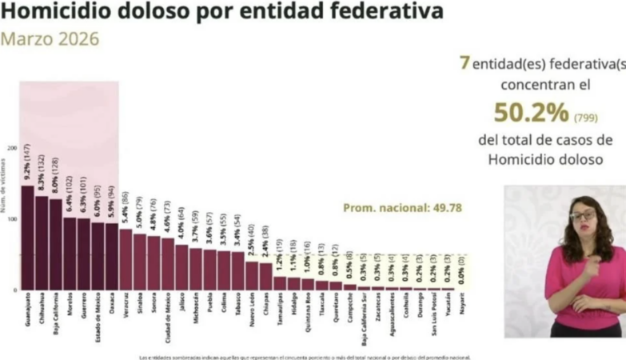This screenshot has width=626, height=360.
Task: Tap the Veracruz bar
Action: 125,259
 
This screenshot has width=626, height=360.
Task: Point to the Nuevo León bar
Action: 252,275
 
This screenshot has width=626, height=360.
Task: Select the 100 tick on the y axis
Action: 12,219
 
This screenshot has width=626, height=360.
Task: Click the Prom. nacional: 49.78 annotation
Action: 402,208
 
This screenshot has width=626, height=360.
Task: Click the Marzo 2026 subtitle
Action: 50,40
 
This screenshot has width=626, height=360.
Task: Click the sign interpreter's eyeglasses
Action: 583,214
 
